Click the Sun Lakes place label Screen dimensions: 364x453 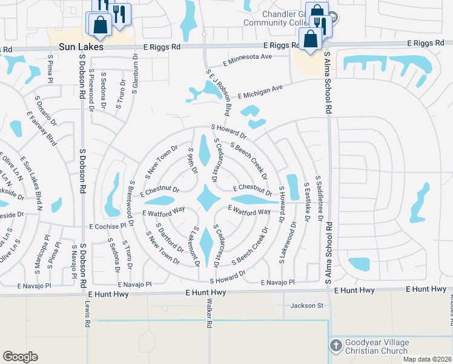coord(81,47)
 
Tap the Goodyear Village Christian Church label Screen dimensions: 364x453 coord(377,346)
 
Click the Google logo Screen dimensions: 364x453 coord(20,357)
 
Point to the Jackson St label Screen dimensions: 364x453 coord(307,305)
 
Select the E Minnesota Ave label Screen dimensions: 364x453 coord(248,59)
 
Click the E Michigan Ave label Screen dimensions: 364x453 coord(260,92)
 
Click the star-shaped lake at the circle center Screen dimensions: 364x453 coord(208,198)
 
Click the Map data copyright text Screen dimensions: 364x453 coord(427,359)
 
